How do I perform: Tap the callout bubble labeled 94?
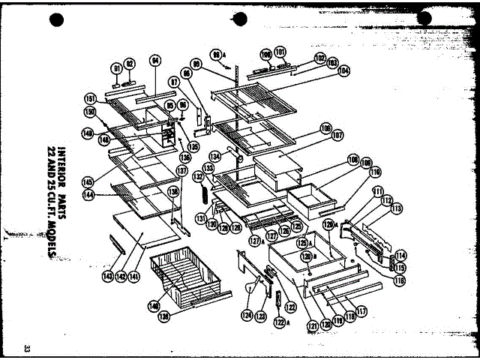155,61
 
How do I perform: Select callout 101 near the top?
280,52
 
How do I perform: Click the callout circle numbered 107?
337,136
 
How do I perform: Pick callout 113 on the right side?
396,209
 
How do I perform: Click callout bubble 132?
199,176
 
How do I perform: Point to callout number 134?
215,156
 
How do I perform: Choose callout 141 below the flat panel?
134,277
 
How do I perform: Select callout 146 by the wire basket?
154,305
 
